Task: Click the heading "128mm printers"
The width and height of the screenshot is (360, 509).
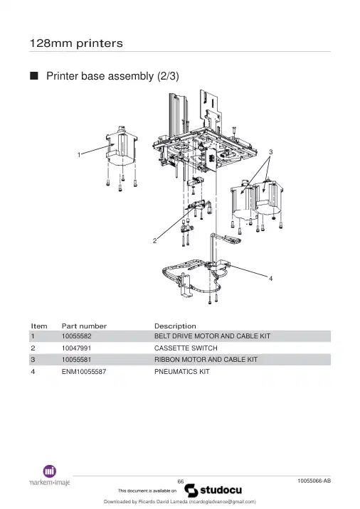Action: (x=76, y=43)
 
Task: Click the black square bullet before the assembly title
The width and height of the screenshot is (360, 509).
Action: (x=33, y=76)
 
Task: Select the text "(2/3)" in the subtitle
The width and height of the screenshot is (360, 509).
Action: (x=168, y=76)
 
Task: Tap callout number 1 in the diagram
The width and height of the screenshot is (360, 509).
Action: (x=79, y=155)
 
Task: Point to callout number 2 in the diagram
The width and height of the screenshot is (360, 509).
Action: (x=154, y=241)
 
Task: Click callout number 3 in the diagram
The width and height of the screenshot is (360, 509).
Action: (x=271, y=152)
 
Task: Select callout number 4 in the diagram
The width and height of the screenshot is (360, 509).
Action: (x=270, y=279)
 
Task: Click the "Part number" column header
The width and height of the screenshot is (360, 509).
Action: (x=84, y=326)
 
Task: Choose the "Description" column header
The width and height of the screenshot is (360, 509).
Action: (x=175, y=326)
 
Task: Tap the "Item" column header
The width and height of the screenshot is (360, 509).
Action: (x=39, y=326)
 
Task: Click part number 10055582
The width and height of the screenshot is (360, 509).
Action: (x=77, y=336)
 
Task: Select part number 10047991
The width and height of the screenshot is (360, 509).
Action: (x=76, y=348)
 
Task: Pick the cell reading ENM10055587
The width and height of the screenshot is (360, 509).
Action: (x=84, y=372)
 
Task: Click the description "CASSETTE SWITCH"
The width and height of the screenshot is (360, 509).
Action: (x=186, y=348)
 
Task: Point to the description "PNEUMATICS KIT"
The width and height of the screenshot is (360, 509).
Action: (x=182, y=372)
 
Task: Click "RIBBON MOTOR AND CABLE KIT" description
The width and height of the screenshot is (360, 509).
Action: (x=206, y=360)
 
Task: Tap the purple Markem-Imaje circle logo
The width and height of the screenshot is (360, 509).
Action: (x=50, y=471)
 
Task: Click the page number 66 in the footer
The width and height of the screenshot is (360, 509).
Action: (x=181, y=481)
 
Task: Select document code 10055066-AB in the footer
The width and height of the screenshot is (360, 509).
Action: (x=314, y=481)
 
